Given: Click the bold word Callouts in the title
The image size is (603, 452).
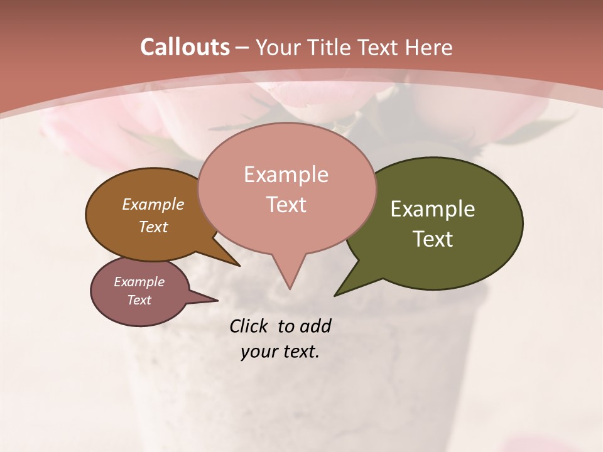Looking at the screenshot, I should (185, 47).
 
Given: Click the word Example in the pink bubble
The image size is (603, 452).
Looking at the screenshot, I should (286, 175).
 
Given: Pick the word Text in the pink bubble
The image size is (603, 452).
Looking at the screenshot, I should (286, 205).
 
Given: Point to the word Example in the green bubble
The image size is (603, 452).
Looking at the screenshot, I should (433, 209).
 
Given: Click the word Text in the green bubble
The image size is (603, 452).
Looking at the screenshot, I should (433, 239).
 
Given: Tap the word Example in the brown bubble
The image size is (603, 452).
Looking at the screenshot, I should (153, 205).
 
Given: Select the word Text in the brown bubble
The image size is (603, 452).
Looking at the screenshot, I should (153, 227).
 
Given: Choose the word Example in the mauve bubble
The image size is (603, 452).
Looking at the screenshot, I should (139, 282).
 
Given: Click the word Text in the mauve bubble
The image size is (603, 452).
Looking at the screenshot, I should (139, 300).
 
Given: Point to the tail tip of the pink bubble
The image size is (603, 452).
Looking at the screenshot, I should (290, 288).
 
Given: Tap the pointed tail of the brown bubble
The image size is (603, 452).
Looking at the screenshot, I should (238, 265).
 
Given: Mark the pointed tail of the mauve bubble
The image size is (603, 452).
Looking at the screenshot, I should (217, 300).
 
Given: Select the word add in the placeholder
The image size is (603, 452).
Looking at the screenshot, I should (315, 326).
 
